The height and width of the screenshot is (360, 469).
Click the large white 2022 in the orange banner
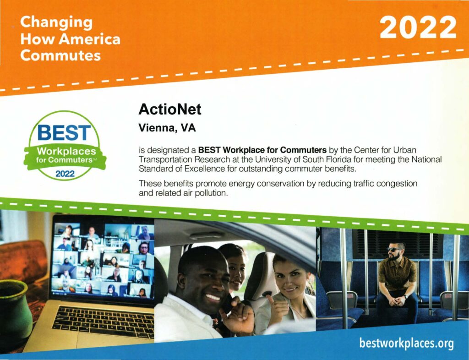click(x=418, y=27)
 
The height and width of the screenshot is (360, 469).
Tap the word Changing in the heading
click(x=56, y=23)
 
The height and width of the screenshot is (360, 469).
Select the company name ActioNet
click(x=169, y=109)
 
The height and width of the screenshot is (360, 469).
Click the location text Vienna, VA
click(x=167, y=128)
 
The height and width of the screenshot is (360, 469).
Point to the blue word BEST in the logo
click(x=64, y=133)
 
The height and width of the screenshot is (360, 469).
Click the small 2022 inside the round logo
click(x=65, y=174)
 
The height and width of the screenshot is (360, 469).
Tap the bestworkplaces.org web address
click(x=406, y=343)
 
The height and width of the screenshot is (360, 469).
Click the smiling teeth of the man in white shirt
click(x=213, y=297)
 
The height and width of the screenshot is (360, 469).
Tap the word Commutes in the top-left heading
click(x=60, y=55)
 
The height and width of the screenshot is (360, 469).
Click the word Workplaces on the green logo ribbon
click(x=66, y=151)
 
